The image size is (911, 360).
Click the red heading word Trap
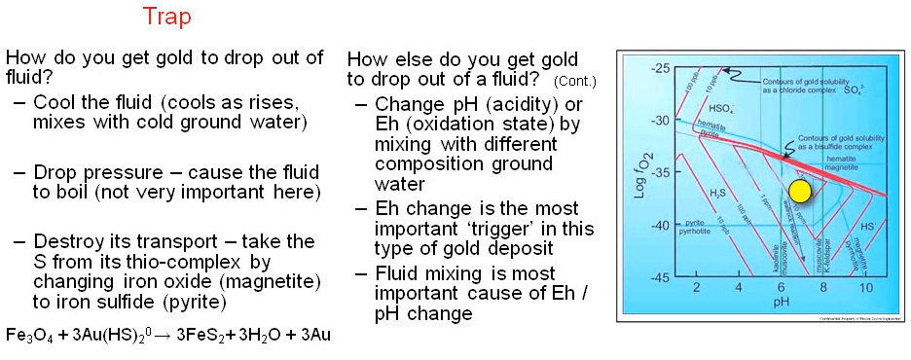[x=166, y=17]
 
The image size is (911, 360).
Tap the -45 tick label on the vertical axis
[x=661, y=278]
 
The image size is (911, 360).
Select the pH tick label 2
[x=695, y=289]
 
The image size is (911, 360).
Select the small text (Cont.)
[x=574, y=81]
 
